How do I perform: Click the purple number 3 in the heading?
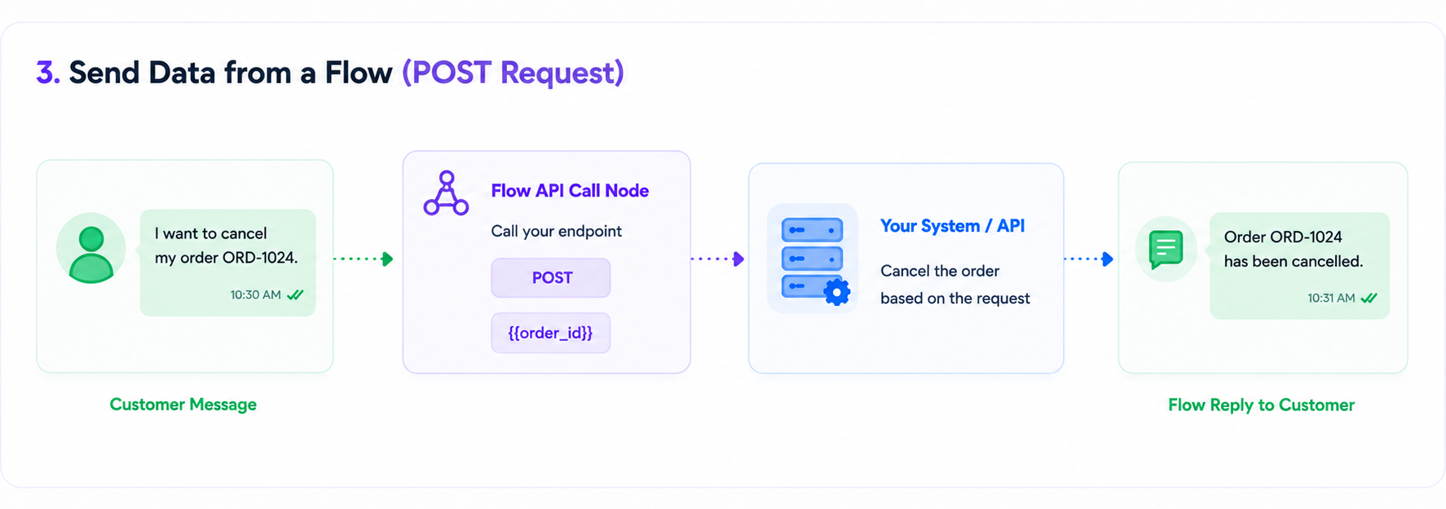pos(48,73)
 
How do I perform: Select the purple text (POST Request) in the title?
pos(513,73)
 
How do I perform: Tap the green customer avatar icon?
pos(91,254)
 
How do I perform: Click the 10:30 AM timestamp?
pos(255,294)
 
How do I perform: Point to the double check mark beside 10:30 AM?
pos(295,294)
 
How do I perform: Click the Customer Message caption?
pos(183,405)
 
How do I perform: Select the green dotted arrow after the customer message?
pos(364,259)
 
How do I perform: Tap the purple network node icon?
pos(446,193)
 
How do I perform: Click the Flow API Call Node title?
pos(570,191)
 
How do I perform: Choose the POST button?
pos(551,278)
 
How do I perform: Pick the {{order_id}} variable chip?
pos(551,333)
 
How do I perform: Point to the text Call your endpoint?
pos(556,232)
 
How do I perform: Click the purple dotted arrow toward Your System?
pos(717,259)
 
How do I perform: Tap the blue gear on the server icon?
pos(836,291)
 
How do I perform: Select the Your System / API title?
pos(952,226)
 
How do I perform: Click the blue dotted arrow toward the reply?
pos(1088,259)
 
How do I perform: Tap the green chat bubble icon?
pos(1166,249)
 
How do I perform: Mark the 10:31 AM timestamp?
pos(1331,298)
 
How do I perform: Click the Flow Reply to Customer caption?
pos(1261,405)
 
